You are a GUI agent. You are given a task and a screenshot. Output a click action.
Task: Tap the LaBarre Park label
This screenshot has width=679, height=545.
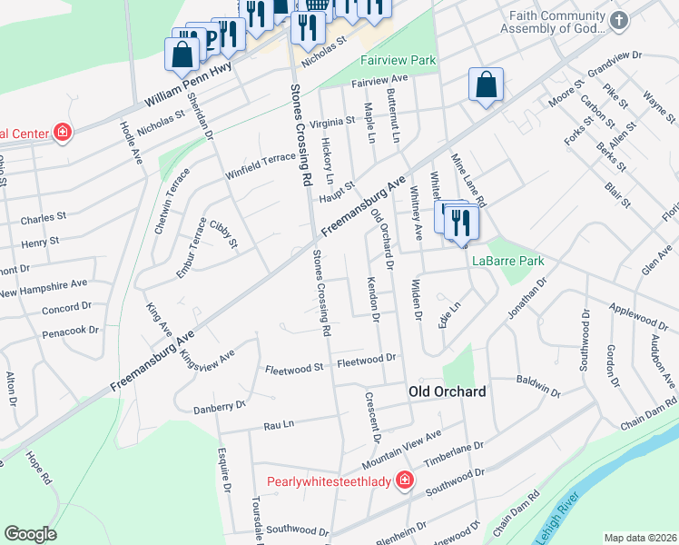(x=508, y=261)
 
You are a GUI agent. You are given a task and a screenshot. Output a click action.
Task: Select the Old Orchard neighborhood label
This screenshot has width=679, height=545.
(x=448, y=391)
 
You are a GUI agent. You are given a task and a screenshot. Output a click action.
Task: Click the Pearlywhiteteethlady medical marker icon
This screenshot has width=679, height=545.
(x=406, y=481)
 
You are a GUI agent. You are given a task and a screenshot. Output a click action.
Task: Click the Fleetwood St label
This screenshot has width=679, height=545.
(x=293, y=369)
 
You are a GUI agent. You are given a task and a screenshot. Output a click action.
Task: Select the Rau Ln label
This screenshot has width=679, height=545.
(x=279, y=424)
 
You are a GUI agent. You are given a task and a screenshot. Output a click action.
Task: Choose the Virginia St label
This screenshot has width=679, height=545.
(x=332, y=121)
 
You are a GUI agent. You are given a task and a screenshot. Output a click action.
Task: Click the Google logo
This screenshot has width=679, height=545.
(x=31, y=534)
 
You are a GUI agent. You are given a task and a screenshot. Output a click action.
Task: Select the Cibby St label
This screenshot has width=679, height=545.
(x=223, y=234)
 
